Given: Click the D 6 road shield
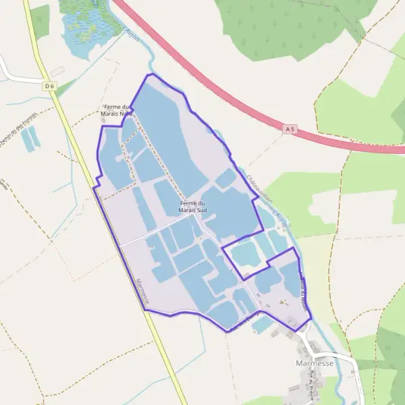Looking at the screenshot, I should click(49, 86).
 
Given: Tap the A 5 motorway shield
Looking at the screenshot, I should click(290, 128).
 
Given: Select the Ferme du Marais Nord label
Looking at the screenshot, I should click(116, 111).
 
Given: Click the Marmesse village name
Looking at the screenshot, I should click(315, 363).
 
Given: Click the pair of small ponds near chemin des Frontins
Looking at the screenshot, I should click(30, 138).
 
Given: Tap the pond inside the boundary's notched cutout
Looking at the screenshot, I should click(245, 254).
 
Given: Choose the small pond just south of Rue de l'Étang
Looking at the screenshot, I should click(261, 325).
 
